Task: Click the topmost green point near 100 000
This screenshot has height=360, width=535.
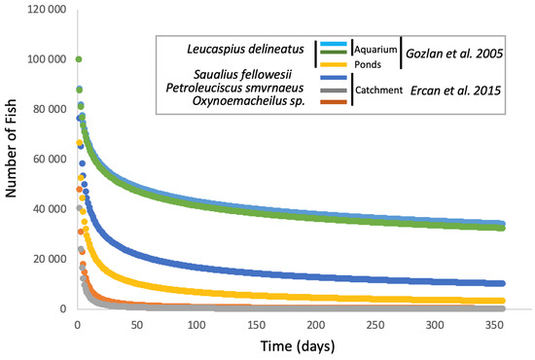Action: click(x=78, y=58)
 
